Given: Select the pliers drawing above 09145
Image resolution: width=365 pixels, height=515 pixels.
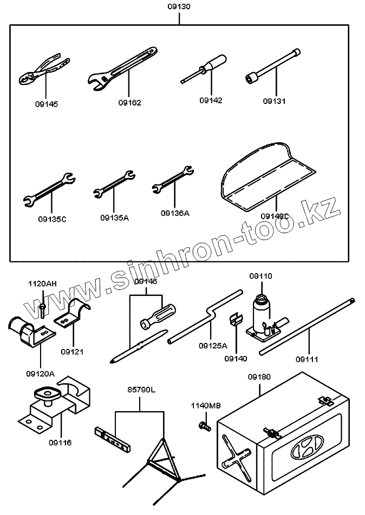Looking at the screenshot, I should [x=43, y=71].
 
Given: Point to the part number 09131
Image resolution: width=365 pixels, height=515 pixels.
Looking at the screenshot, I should [x=275, y=101].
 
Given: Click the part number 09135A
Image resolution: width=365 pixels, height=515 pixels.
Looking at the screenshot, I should [x=114, y=217].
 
